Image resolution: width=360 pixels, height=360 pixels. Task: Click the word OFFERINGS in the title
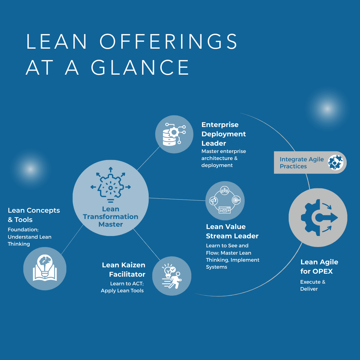click(x=168, y=42)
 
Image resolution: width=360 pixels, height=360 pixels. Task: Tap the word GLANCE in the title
click(x=140, y=68)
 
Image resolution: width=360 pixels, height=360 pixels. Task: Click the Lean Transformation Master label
click(x=111, y=217)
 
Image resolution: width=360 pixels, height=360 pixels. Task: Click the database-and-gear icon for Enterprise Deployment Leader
click(x=174, y=134)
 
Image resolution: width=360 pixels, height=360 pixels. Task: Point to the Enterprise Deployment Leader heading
click(x=224, y=134)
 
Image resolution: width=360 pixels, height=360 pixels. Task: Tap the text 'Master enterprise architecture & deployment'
click(x=224, y=158)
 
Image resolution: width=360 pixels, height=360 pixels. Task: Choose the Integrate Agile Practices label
click(x=302, y=163)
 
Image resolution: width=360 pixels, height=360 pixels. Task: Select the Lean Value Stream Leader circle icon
click(x=225, y=201)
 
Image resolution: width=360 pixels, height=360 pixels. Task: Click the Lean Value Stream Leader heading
click(x=232, y=231)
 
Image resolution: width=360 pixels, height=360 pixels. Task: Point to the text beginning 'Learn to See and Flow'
click(x=232, y=256)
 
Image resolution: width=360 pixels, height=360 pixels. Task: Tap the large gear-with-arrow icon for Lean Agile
click(x=318, y=217)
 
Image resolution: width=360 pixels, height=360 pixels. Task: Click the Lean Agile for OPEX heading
click(x=319, y=267)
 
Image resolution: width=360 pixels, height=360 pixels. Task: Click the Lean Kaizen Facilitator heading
click(x=124, y=270)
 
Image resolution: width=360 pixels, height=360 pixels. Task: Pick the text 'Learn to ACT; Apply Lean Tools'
click(x=122, y=287)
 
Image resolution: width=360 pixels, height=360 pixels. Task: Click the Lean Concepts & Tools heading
click(x=34, y=215)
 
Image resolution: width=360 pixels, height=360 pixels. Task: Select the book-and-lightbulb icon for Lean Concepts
click(x=45, y=268)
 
